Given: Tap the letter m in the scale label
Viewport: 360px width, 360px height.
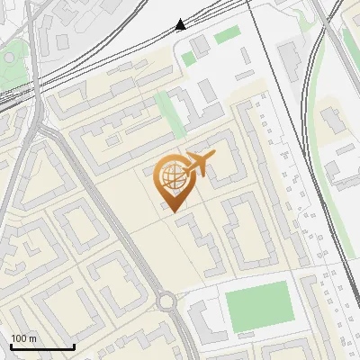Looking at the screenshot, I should point(33,338).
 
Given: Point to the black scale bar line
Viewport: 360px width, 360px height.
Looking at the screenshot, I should point(42,346).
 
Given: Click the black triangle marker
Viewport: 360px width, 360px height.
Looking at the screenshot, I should point(181,24).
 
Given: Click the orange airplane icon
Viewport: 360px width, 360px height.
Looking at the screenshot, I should point(200,163).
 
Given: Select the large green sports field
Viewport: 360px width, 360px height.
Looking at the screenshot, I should point(258,306).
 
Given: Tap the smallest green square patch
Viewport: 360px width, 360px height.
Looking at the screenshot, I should point(188,58).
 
